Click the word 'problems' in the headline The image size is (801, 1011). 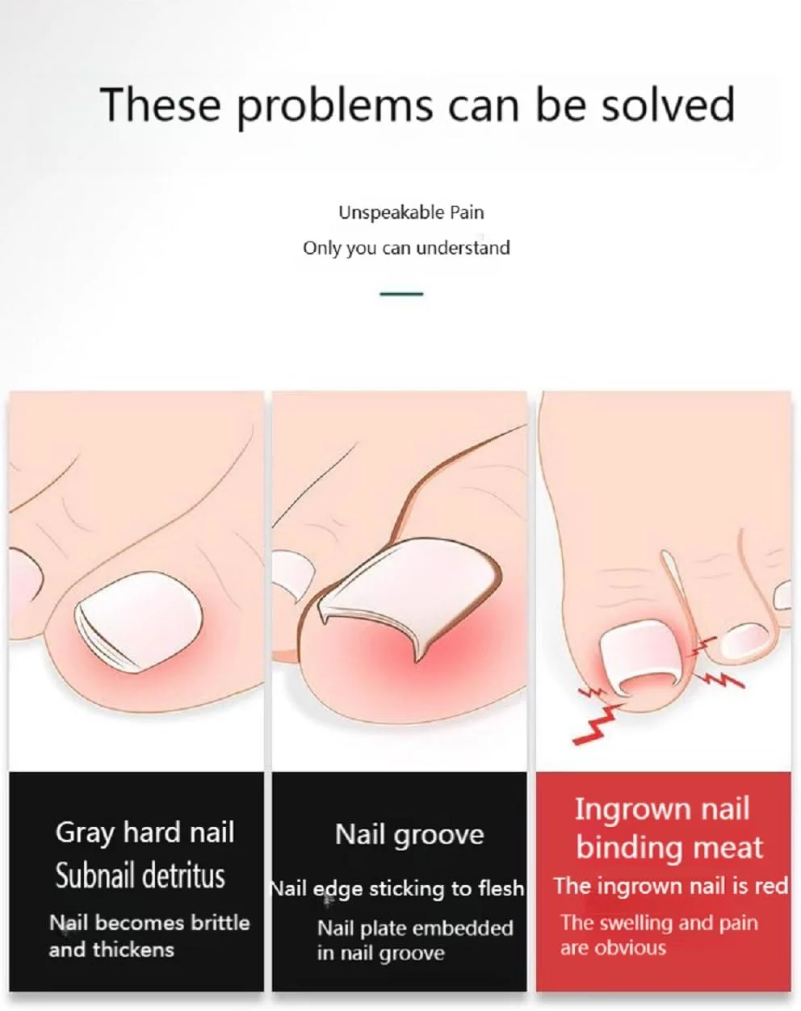pyautogui.click(x=333, y=107)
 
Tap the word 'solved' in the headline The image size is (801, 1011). pyautogui.click(x=669, y=104)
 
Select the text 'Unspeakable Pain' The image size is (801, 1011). pyautogui.click(x=411, y=213)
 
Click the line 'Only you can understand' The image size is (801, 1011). pyautogui.click(x=406, y=248)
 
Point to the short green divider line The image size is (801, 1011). pyautogui.click(x=401, y=294)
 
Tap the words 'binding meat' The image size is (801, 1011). pyautogui.click(x=669, y=848)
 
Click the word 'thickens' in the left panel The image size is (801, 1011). pyautogui.click(x=133, y=950)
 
